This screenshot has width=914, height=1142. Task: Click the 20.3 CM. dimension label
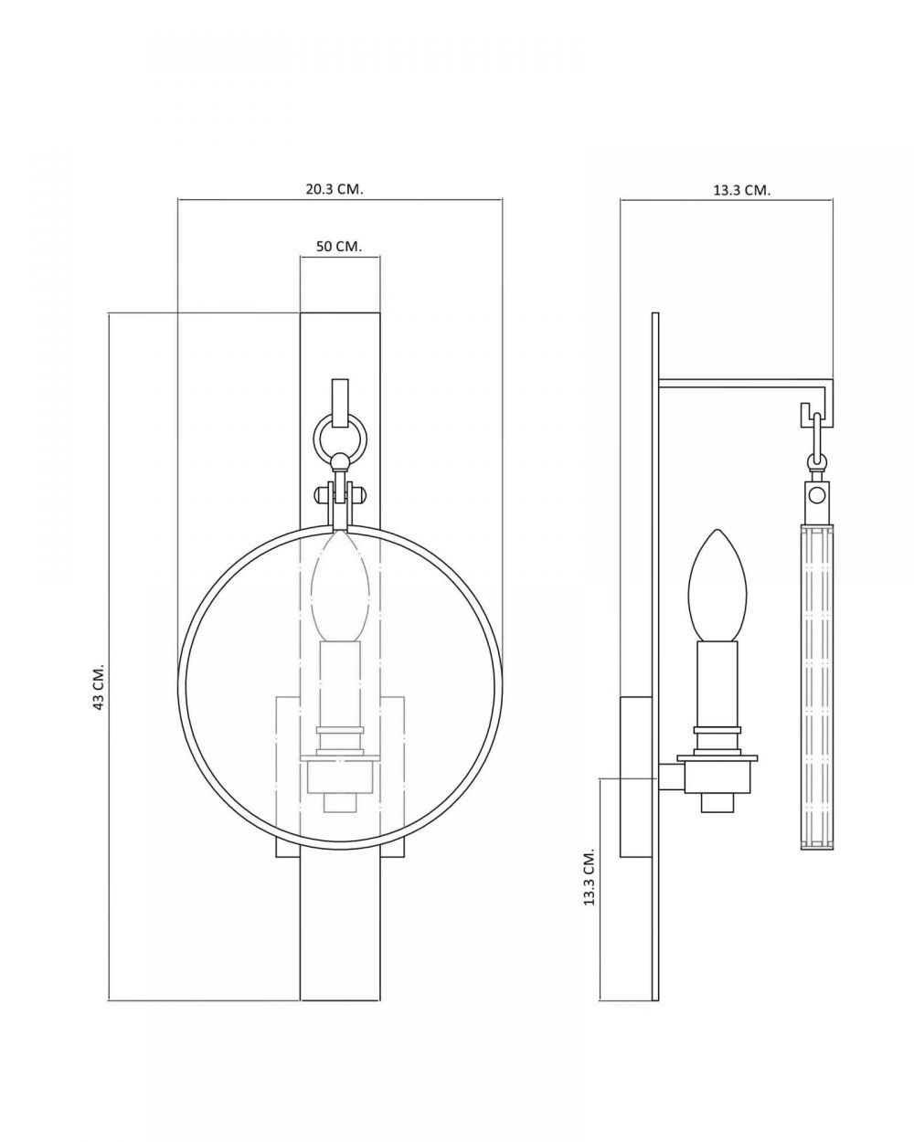(x=335, y=189)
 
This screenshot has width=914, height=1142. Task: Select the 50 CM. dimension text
(x=339, y=247)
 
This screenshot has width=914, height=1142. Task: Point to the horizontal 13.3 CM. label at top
(x=741, y=191)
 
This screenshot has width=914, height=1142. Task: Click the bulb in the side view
(x=717, y=585)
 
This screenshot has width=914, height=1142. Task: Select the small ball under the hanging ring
(x=340, y=463)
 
